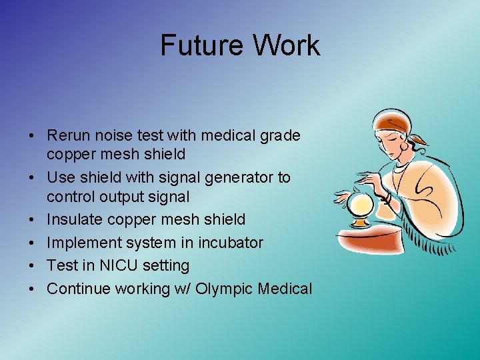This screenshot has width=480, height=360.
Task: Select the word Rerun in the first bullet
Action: click(68, 136)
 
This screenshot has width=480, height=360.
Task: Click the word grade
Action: click(282, 136)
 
